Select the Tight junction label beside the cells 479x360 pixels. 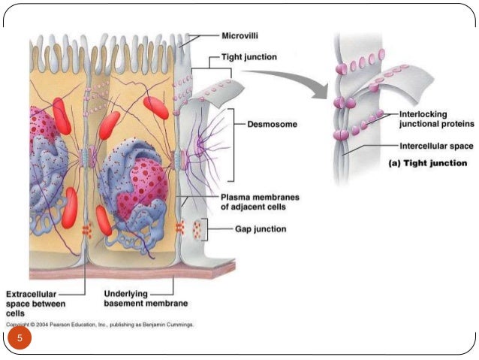pos(248,56)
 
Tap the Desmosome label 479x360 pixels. pos(273,124)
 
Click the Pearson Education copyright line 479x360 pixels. pos(101,325)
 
